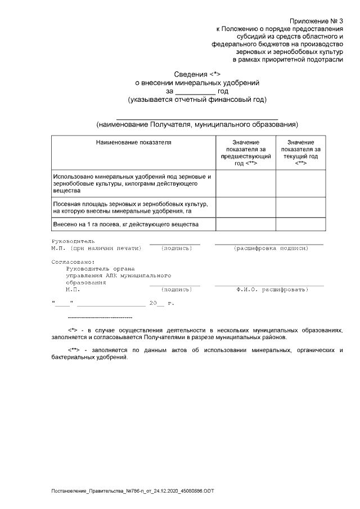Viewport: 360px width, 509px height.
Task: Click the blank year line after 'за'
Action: click(195, 91)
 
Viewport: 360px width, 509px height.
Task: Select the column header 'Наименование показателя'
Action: click(133, 142)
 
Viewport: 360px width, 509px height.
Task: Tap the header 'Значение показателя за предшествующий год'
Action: click(245, 152)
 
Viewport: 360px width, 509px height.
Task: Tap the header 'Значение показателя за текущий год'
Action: click(300, 152)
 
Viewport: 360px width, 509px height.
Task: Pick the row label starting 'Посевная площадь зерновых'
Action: click(130, 207)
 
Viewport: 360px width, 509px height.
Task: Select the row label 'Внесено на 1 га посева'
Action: click(125, 224)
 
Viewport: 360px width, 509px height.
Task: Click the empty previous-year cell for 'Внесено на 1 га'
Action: click(245, 224)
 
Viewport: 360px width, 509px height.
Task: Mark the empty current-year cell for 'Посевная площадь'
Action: click(300, 207)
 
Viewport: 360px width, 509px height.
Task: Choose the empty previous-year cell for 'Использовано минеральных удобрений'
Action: click(245, 183)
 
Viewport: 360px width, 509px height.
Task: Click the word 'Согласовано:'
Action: click(73, 262)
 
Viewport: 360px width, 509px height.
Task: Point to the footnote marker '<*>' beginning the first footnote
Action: click(72, 330)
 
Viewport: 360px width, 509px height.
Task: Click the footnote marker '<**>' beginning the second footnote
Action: click(74, 350)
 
